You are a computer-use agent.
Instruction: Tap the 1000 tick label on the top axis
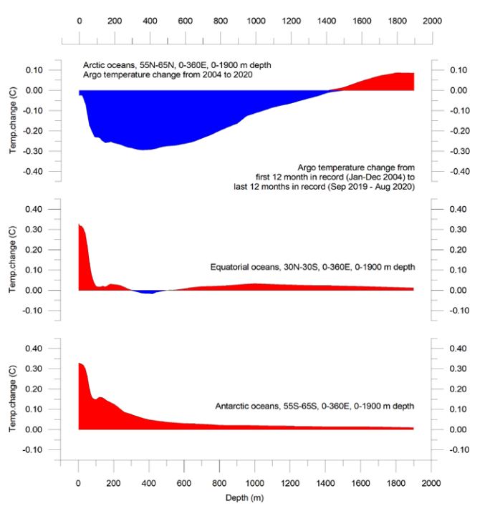(254, 21)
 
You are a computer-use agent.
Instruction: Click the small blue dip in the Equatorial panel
(148, 291)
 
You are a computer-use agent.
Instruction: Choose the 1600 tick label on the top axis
(360, 21)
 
